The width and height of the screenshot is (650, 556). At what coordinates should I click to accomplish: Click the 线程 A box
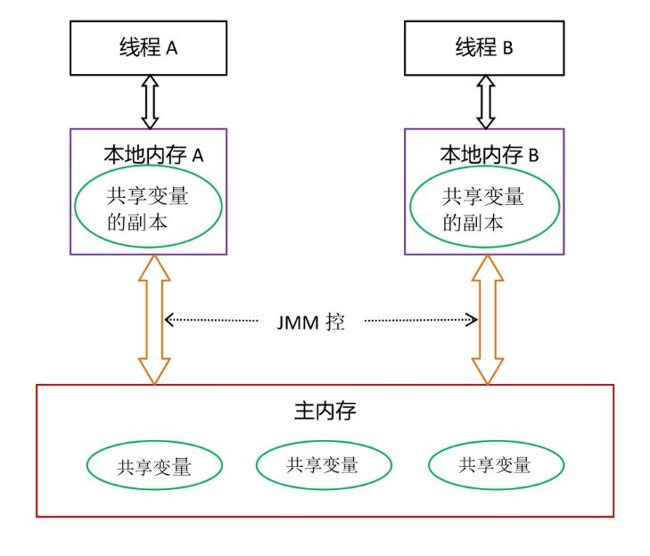click(x=148, y=48)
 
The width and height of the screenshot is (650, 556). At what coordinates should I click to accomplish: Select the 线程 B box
click(x=484, y=48)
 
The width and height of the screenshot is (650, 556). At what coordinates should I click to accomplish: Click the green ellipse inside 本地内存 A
click(x=148, y=207)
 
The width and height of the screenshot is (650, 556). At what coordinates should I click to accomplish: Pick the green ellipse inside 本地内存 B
click(x=484, y=207)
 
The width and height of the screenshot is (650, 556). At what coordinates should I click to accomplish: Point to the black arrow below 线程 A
click(x=150, y=102)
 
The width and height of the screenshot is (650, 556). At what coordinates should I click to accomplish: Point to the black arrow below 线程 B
click(x=485, y=102)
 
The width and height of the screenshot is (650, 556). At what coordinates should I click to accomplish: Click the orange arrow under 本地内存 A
click(x=154, y=319)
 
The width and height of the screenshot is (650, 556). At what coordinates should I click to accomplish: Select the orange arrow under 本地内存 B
click(x=488, y=319)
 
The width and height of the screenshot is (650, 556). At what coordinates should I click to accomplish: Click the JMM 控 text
click(x=310, y=322)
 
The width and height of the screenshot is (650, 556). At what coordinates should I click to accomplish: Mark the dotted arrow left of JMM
click(x=211, y=319)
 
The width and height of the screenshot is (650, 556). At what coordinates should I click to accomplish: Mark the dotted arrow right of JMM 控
click(x=421, y=319)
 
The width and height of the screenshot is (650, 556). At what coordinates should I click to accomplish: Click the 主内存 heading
click(x=325, y=411)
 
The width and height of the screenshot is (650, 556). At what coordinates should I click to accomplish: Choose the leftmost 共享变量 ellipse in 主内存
click(x=154, y=465)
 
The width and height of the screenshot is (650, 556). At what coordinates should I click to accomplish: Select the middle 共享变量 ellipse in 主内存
click(x=324, y=464)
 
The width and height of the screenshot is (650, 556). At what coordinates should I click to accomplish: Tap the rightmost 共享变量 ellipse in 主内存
click(x=496, y=464)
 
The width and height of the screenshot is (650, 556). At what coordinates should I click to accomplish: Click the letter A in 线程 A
click(x=172, y=49)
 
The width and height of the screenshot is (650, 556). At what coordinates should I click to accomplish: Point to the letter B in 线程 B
click(x=507, y=49)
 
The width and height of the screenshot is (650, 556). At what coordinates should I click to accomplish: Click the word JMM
click(x=298, y=323)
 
